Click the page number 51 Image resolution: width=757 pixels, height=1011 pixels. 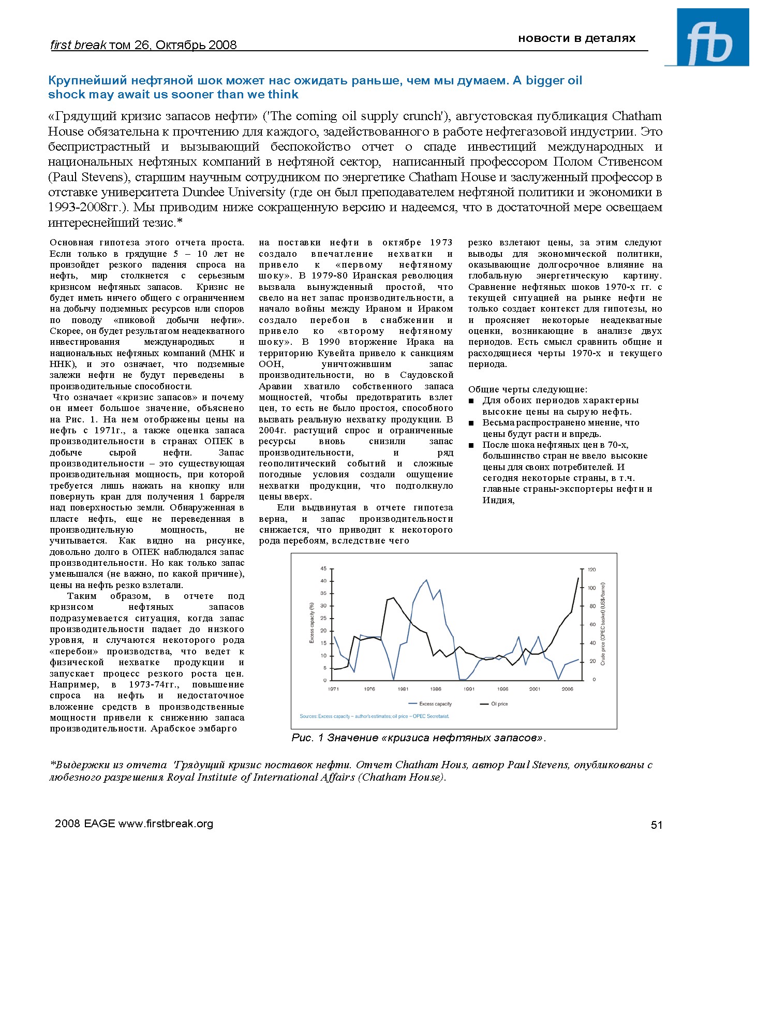[656, 825]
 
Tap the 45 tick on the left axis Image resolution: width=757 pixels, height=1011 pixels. [323, 568]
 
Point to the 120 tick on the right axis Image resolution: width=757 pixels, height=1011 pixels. [592, 569]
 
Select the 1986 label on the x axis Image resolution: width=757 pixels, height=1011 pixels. [436, 689]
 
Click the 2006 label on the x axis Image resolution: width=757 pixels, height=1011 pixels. [567, 689]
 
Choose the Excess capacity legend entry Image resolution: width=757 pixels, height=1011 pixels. [435, 704]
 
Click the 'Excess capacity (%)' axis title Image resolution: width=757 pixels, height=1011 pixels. [311, 622]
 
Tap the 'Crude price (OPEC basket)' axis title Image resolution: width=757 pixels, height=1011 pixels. [603, 624]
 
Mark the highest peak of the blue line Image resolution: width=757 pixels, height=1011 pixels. [426, 580]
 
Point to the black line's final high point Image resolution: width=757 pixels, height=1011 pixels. [578, 578]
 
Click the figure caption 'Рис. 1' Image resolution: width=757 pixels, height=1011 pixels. [307, 738]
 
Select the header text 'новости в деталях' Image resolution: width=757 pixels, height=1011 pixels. [576, 38]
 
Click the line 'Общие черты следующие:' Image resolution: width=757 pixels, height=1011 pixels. [527, 389]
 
